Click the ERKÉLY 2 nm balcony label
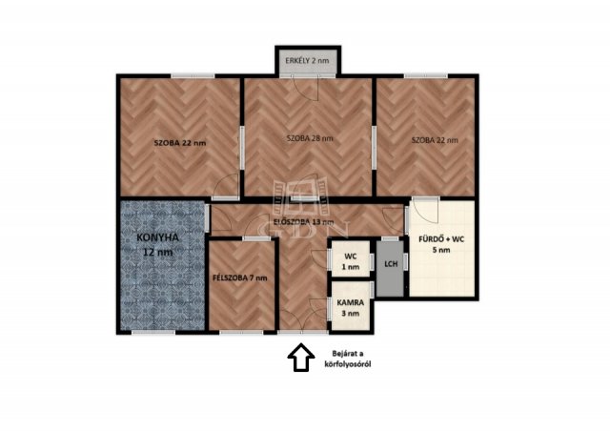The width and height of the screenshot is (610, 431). (x=307, y=61)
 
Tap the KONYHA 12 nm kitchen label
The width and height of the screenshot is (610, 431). (x=157, y=244)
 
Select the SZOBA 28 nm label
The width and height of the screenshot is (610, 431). (x=310, y=138)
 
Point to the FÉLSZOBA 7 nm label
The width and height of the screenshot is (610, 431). (x=239, y=278)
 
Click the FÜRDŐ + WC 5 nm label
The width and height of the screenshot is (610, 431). (x=441, y=244)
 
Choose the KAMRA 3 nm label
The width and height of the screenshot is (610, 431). (x=351, y=308)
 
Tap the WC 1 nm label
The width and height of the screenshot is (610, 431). (x=351, y=261)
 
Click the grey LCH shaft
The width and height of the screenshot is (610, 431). (x=391, y=268)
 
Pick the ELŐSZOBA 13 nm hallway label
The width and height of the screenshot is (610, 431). (x=304, y=222)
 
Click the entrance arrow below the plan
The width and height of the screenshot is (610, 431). (x=301, y=357)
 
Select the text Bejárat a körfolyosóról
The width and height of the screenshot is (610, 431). (x=348, y=359)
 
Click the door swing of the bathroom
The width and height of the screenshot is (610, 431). (x=426, y=211)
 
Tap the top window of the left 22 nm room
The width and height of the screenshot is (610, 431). (x=193, y=76)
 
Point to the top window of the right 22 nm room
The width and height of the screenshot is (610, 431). (x=426, y=76)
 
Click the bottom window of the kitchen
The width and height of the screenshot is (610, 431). (x=153, y=332)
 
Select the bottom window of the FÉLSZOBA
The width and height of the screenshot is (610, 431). (x=241, y=332)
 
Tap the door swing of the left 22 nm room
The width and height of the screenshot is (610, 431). (x=226, y=187)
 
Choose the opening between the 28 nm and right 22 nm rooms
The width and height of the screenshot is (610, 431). (x=374, y=148)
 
